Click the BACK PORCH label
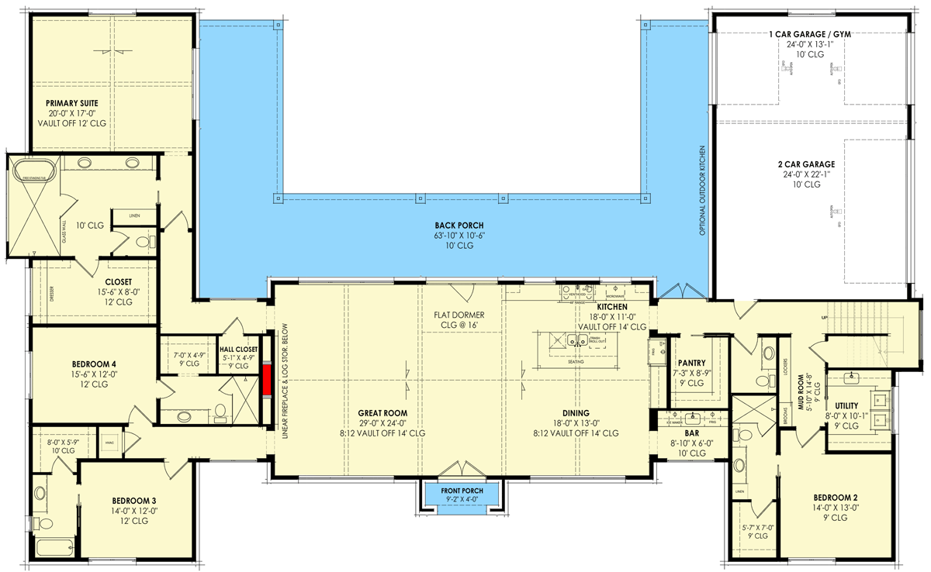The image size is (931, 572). pos(455,226)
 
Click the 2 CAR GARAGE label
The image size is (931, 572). pos(808,164)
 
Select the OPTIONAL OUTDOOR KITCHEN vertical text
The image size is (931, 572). pos(703,191)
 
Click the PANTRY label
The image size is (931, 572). pos(690,362)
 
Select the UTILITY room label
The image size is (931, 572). pos(846,405)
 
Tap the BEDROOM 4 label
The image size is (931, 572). pos(94,364)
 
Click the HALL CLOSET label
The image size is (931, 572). pos(238,350)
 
